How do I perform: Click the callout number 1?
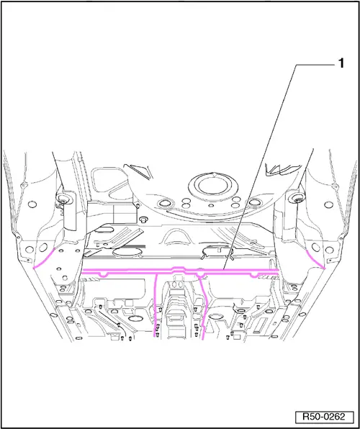coord(341,63)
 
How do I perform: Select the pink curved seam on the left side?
coord(43,259)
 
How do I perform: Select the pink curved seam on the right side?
coord(315,259)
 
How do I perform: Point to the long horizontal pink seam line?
coord(181,271)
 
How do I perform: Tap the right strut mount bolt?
coord(297,199)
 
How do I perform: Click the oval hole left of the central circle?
coord(165,203)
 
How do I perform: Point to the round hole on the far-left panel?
coord(32,204)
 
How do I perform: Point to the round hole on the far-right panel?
coord(328,204)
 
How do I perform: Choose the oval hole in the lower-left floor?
coord(134,318)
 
